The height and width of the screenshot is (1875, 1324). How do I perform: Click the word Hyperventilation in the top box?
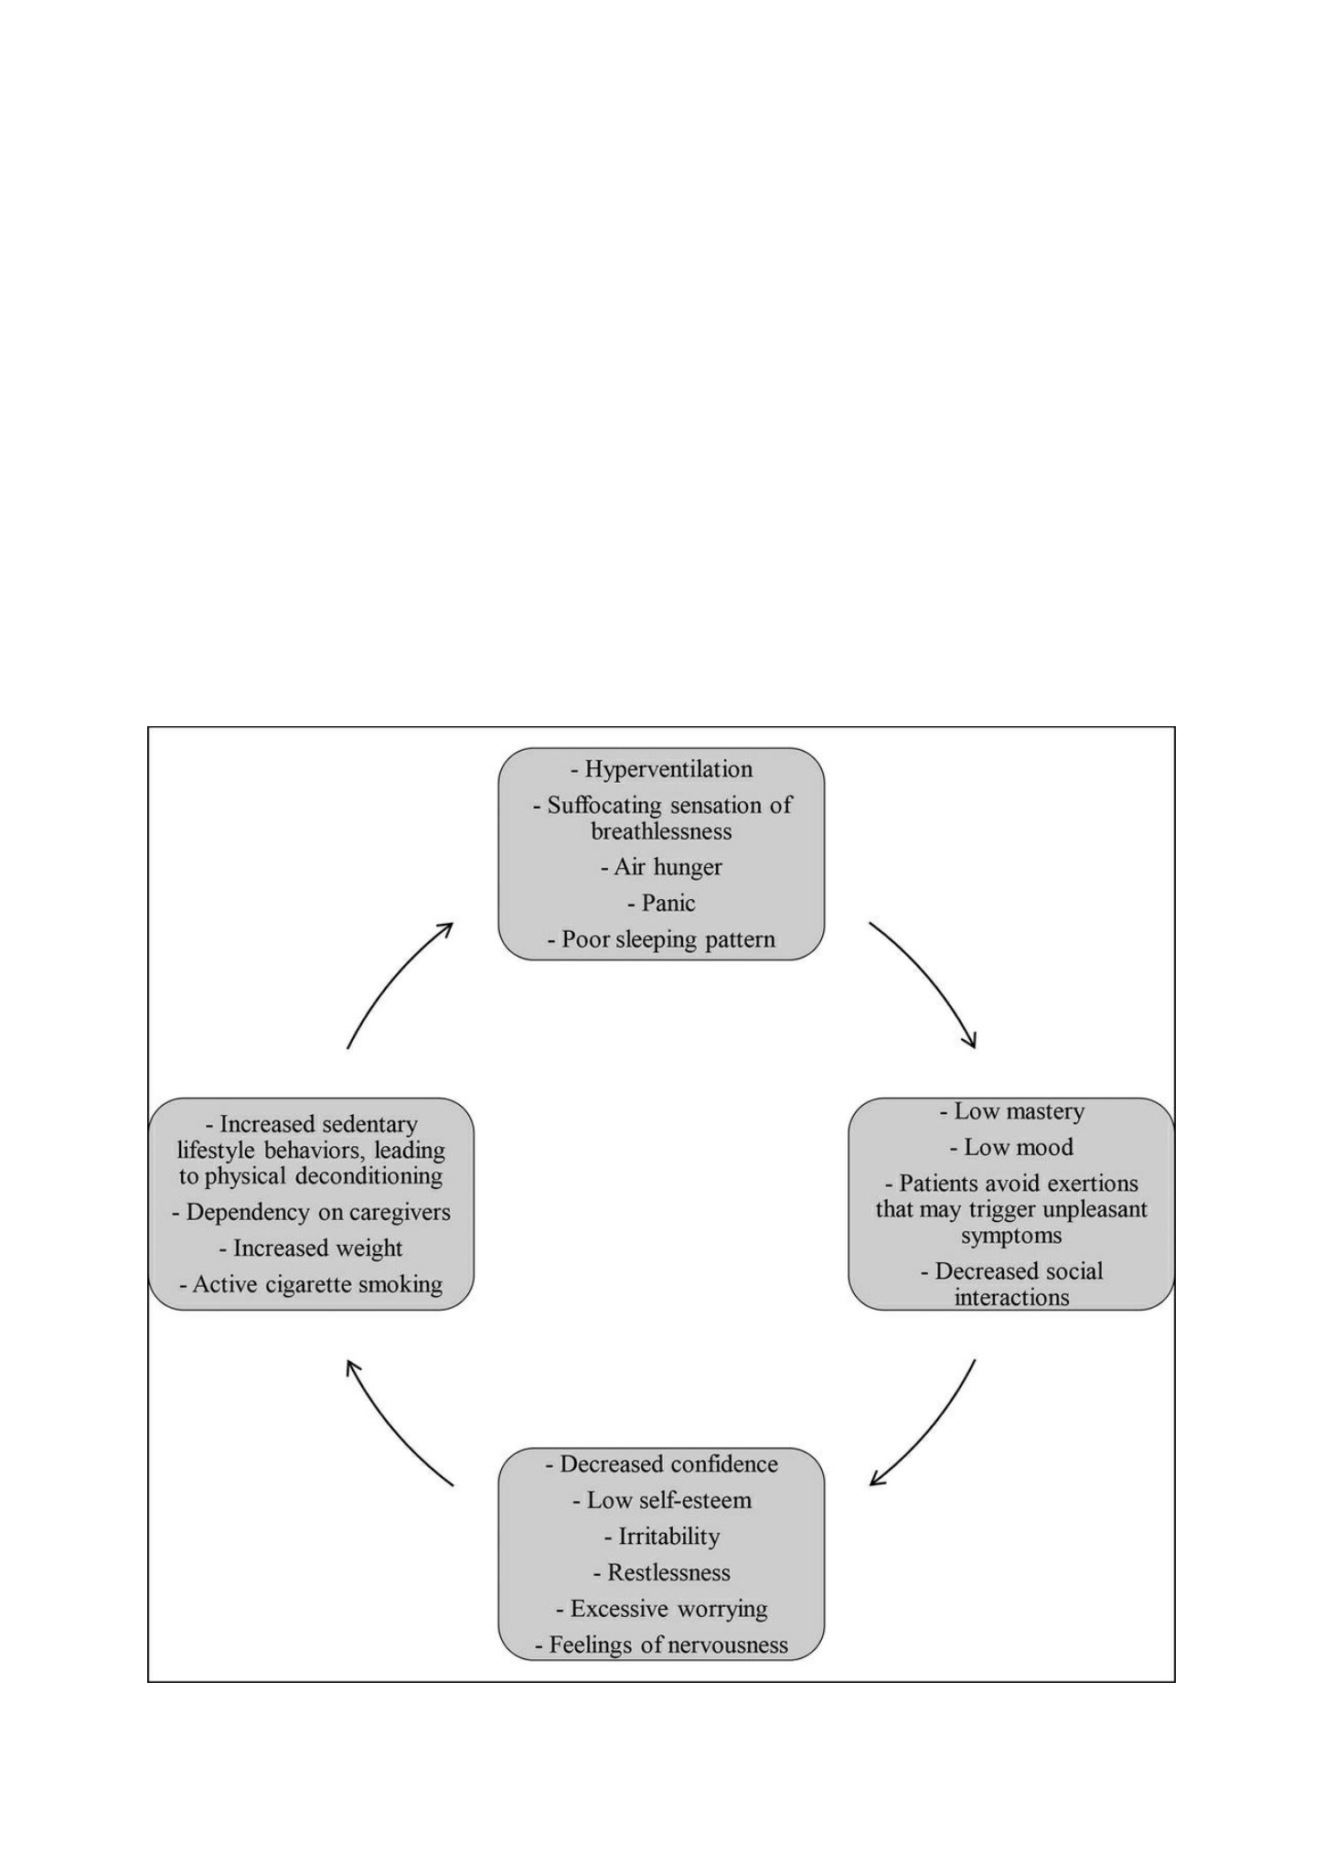tap(668, 770)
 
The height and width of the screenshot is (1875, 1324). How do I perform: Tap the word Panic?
tap(668, 904)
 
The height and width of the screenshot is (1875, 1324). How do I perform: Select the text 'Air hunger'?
tap(668, 867)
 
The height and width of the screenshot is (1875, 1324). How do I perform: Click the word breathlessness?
tap(661, 831)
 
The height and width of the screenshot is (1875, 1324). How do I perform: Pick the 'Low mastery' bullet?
tap(1012, 1112)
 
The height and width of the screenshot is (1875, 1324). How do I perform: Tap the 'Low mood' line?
tap(1012, 1148)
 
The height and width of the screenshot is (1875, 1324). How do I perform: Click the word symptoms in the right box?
tap(1011, 1237)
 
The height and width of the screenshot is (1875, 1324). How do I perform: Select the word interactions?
tap(1011, 1298)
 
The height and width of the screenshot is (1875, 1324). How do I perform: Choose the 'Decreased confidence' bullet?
tap(662, 1464)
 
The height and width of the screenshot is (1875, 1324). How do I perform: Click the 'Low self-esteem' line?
tap(662, 1501)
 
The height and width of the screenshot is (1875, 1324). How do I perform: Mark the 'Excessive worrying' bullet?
tap(662, 1609)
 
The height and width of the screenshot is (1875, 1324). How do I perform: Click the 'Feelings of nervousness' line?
tap(662, 1645)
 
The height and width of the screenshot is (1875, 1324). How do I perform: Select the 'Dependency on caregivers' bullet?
tap(311, 1213)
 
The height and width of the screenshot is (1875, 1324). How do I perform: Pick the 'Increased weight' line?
tap(311, 1249)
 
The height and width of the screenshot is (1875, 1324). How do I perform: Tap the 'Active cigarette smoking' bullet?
tap(311, 1285)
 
